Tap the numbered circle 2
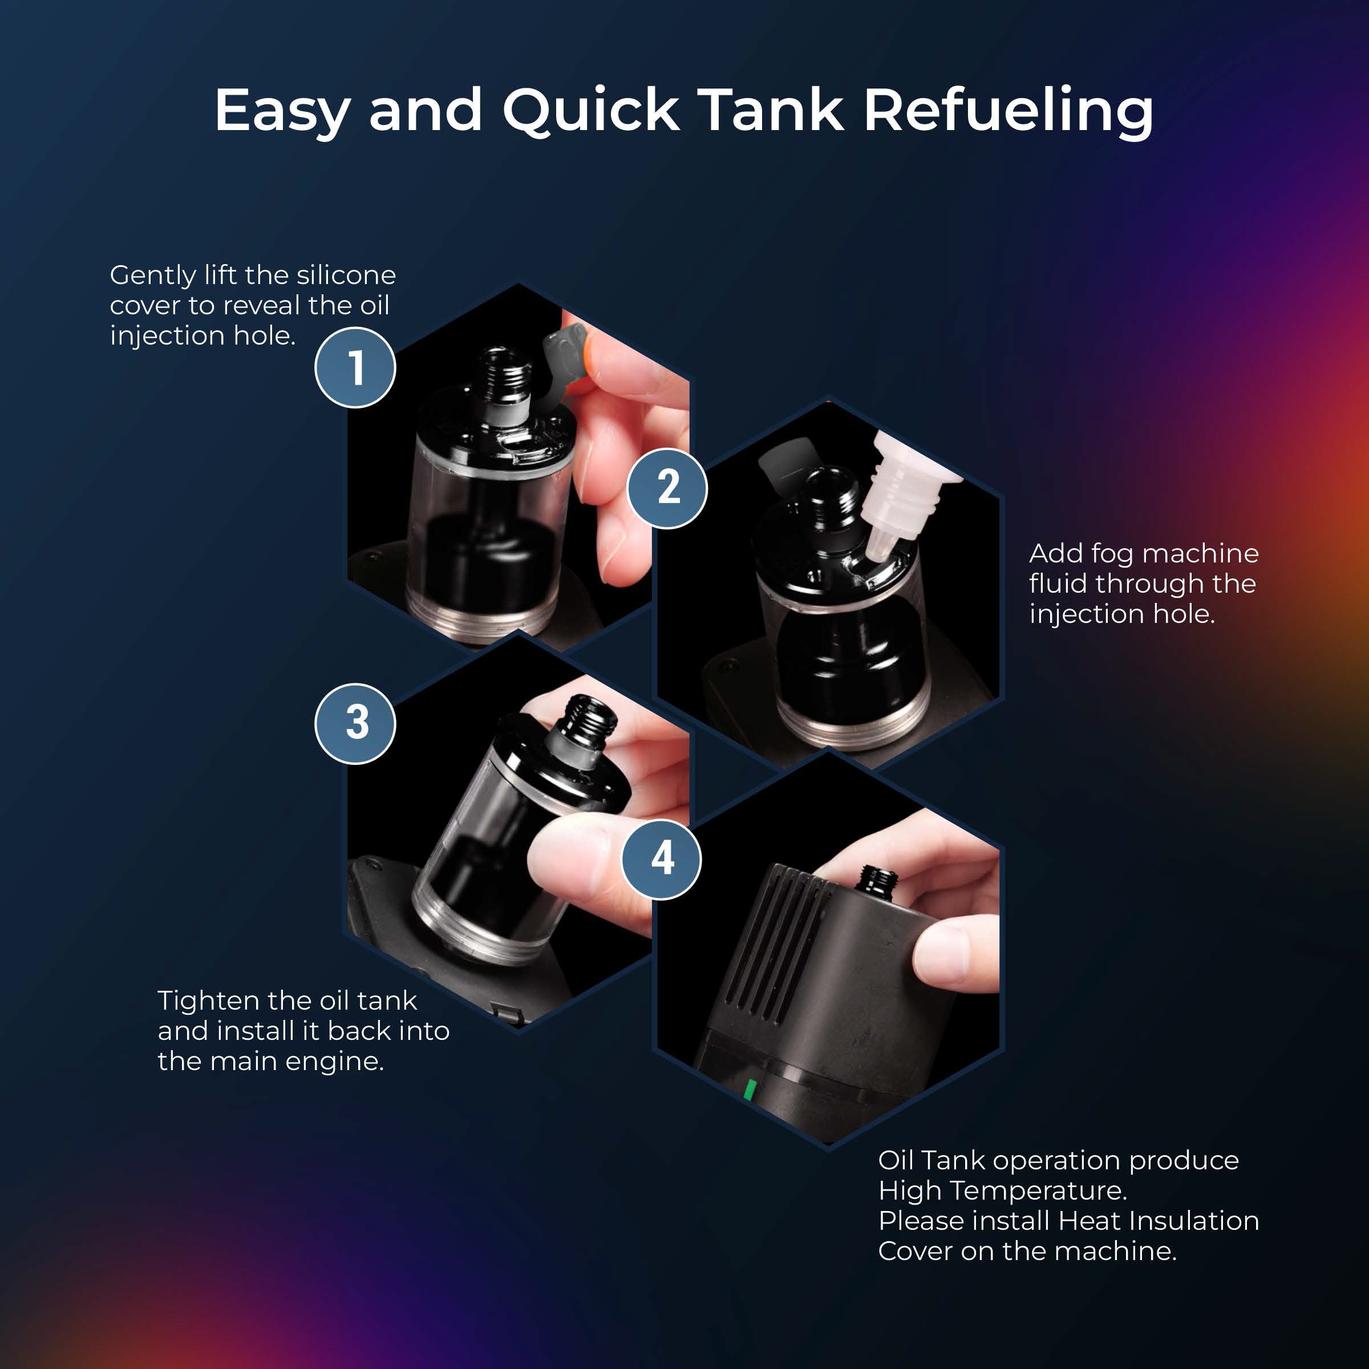coord(667,488)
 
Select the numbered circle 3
coord(355,723)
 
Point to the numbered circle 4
coord(661,859)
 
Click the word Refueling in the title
coord(1008,111)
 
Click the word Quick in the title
coord(591,111)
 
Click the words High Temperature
coord(1002,1190)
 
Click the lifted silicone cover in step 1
coord(565,350)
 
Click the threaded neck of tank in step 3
coord(585,723)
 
